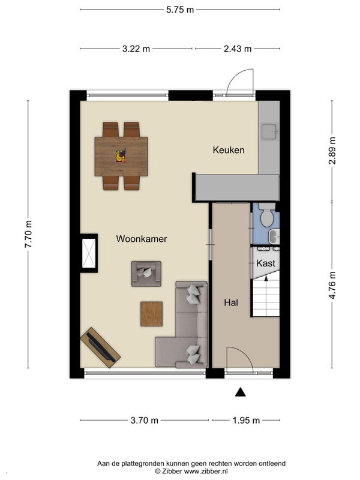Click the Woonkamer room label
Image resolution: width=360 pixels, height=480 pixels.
(x=142, y=239)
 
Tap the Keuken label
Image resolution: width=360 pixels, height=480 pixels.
(x=229, y=150)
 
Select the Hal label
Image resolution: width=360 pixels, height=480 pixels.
(x=231, y=303)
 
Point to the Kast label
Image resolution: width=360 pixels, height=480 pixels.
(x=266, y=263)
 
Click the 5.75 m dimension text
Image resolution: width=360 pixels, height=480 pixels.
(x=180, y=10)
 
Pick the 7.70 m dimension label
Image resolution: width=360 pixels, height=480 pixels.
(x=28, y=234)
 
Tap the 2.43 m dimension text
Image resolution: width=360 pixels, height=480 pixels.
(x=238, y=49)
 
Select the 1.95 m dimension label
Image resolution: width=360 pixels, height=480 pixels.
(x=246, y=421)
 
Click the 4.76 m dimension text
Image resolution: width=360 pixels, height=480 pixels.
(x=332, y=285)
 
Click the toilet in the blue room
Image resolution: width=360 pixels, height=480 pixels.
(x=267, y=215)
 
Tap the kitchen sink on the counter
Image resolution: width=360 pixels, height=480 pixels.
(x=269, y=131)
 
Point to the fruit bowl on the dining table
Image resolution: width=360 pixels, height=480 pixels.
(x=121, y=156)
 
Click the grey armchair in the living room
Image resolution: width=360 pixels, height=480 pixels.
(x=146, y=274)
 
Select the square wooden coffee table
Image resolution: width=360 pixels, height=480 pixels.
(x=152, y=314)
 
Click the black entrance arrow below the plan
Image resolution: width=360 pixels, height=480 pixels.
(x=241, y=392)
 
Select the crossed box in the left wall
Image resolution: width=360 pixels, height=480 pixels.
(x=89, y=253)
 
